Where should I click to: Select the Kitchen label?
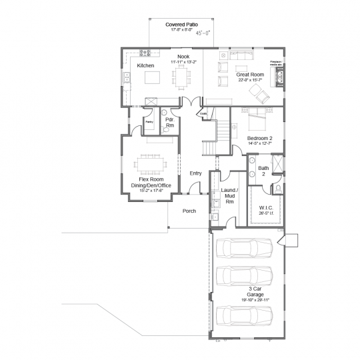point(146,66)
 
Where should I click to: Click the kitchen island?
point(152,79)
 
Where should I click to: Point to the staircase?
point(209,144)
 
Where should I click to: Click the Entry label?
point(195,173)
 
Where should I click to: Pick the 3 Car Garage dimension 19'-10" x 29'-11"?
point(246,301)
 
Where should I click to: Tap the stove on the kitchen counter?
point(147,53)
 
